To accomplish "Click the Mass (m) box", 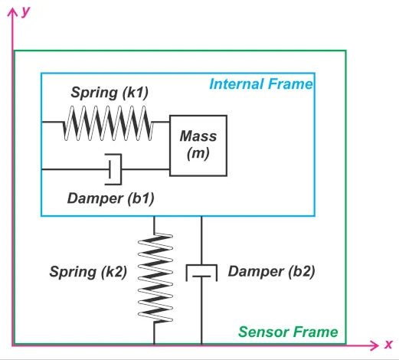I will tap(198, 146).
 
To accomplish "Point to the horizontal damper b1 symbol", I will tap(114, 169).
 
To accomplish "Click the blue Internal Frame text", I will tap(261, 84).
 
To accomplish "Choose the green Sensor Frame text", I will tap(288, 332).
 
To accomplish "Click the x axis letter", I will tap(388, 344).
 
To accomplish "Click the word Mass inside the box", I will tap(198, 136).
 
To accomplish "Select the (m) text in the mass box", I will tap(198, 154).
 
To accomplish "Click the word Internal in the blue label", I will tap(236, 84).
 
